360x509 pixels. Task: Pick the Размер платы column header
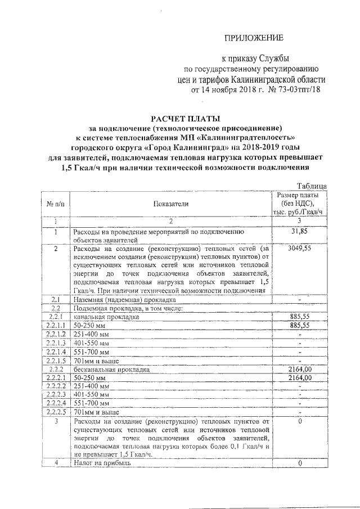pos(299,203)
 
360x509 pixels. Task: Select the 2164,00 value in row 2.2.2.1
pos(299,377)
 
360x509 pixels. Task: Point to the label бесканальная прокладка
pos(110,369)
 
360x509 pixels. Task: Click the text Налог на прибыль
pos(102,463)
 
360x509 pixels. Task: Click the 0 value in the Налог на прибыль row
pos(299,463)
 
